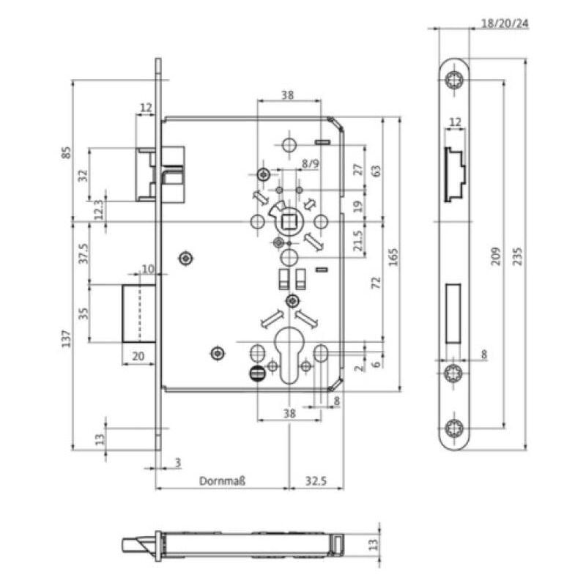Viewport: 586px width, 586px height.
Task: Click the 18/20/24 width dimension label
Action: [x=505, y=23]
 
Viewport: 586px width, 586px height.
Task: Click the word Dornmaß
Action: [x=221, y=482]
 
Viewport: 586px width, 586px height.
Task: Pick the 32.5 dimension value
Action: [x=316, y=482]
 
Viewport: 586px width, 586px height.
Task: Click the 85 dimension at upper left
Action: [x=66, y=152]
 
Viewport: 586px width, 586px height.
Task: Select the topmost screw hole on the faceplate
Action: [x=454, y=81]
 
